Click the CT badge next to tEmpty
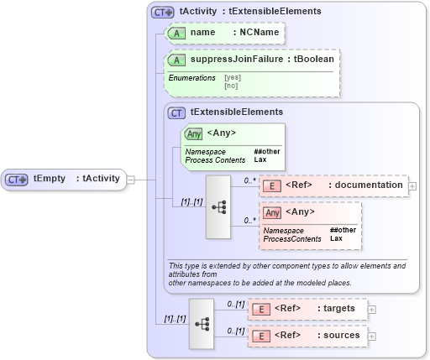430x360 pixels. click(x=17, y=179)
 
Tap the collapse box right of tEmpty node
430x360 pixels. click(x=130, y=179)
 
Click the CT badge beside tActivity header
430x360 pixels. click(x=162, y=12)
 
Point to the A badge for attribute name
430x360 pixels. click(x=176, y=33)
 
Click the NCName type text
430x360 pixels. click(x=259, y=32)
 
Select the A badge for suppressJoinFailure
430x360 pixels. click(x=176, y=60)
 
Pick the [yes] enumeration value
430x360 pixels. click(x=233, y=77)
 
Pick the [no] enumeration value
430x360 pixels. click(x=231, y=85)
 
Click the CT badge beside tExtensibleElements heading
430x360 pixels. click(x=177, y=112)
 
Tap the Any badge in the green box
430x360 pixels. click(x=193, y=133)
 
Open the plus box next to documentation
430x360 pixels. click(x=412, y=185)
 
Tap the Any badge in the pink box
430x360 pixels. click(x=272, y=212)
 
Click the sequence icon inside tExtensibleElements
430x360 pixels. click(x=218, y=206)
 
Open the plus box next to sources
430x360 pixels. click(x=372, y=336)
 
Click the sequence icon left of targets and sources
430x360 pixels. click(x=202, y=322)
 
